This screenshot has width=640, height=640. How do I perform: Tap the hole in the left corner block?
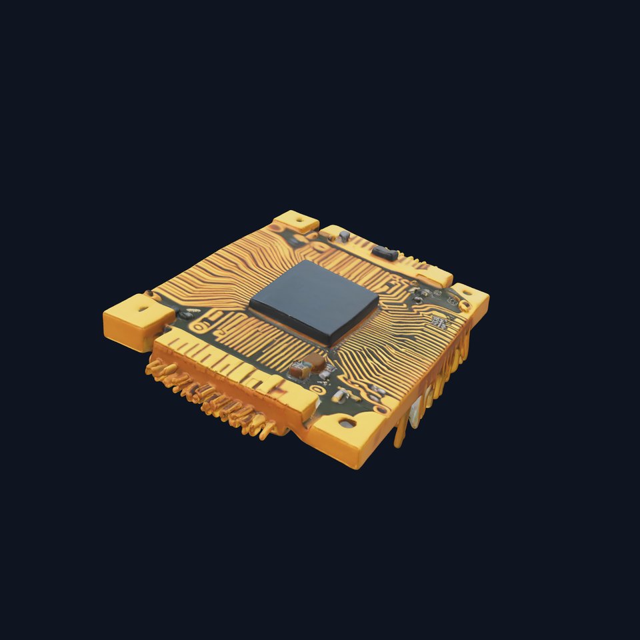pos(142,309)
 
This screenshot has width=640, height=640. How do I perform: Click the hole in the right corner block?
pos(464,305)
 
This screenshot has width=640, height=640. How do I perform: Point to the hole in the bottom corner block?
pos(345,423)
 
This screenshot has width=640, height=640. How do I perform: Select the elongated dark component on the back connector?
pos(385,253)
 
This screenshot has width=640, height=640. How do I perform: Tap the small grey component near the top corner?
pos(344,236)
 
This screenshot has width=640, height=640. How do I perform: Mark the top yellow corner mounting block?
pos(295,221)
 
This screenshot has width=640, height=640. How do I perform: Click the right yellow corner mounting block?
pos(471,300)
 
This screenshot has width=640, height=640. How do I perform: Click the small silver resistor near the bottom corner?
pos(339,397)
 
